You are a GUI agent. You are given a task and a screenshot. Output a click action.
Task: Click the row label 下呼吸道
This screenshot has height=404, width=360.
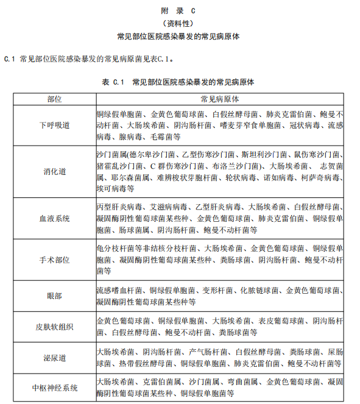tap(54, 125)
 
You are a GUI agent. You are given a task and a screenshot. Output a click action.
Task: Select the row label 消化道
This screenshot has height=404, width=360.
tap(54, 171)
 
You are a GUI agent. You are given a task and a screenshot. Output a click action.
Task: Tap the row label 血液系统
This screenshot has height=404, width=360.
tap(54, 218)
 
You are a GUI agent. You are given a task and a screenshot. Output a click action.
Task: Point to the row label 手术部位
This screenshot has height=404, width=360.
tap(54, 260)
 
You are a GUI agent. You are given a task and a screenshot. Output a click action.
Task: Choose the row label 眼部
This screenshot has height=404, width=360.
tap(54, 296)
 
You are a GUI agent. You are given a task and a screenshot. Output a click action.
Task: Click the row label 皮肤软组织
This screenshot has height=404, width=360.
tap(54, 327)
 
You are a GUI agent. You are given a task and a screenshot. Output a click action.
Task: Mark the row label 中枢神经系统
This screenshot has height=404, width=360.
tap(54, 388)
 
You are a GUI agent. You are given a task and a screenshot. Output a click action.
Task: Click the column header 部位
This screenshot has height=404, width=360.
tap(54, 99)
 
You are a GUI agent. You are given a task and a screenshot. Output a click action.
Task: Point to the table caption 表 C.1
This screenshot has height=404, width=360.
tap(113, 80)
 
